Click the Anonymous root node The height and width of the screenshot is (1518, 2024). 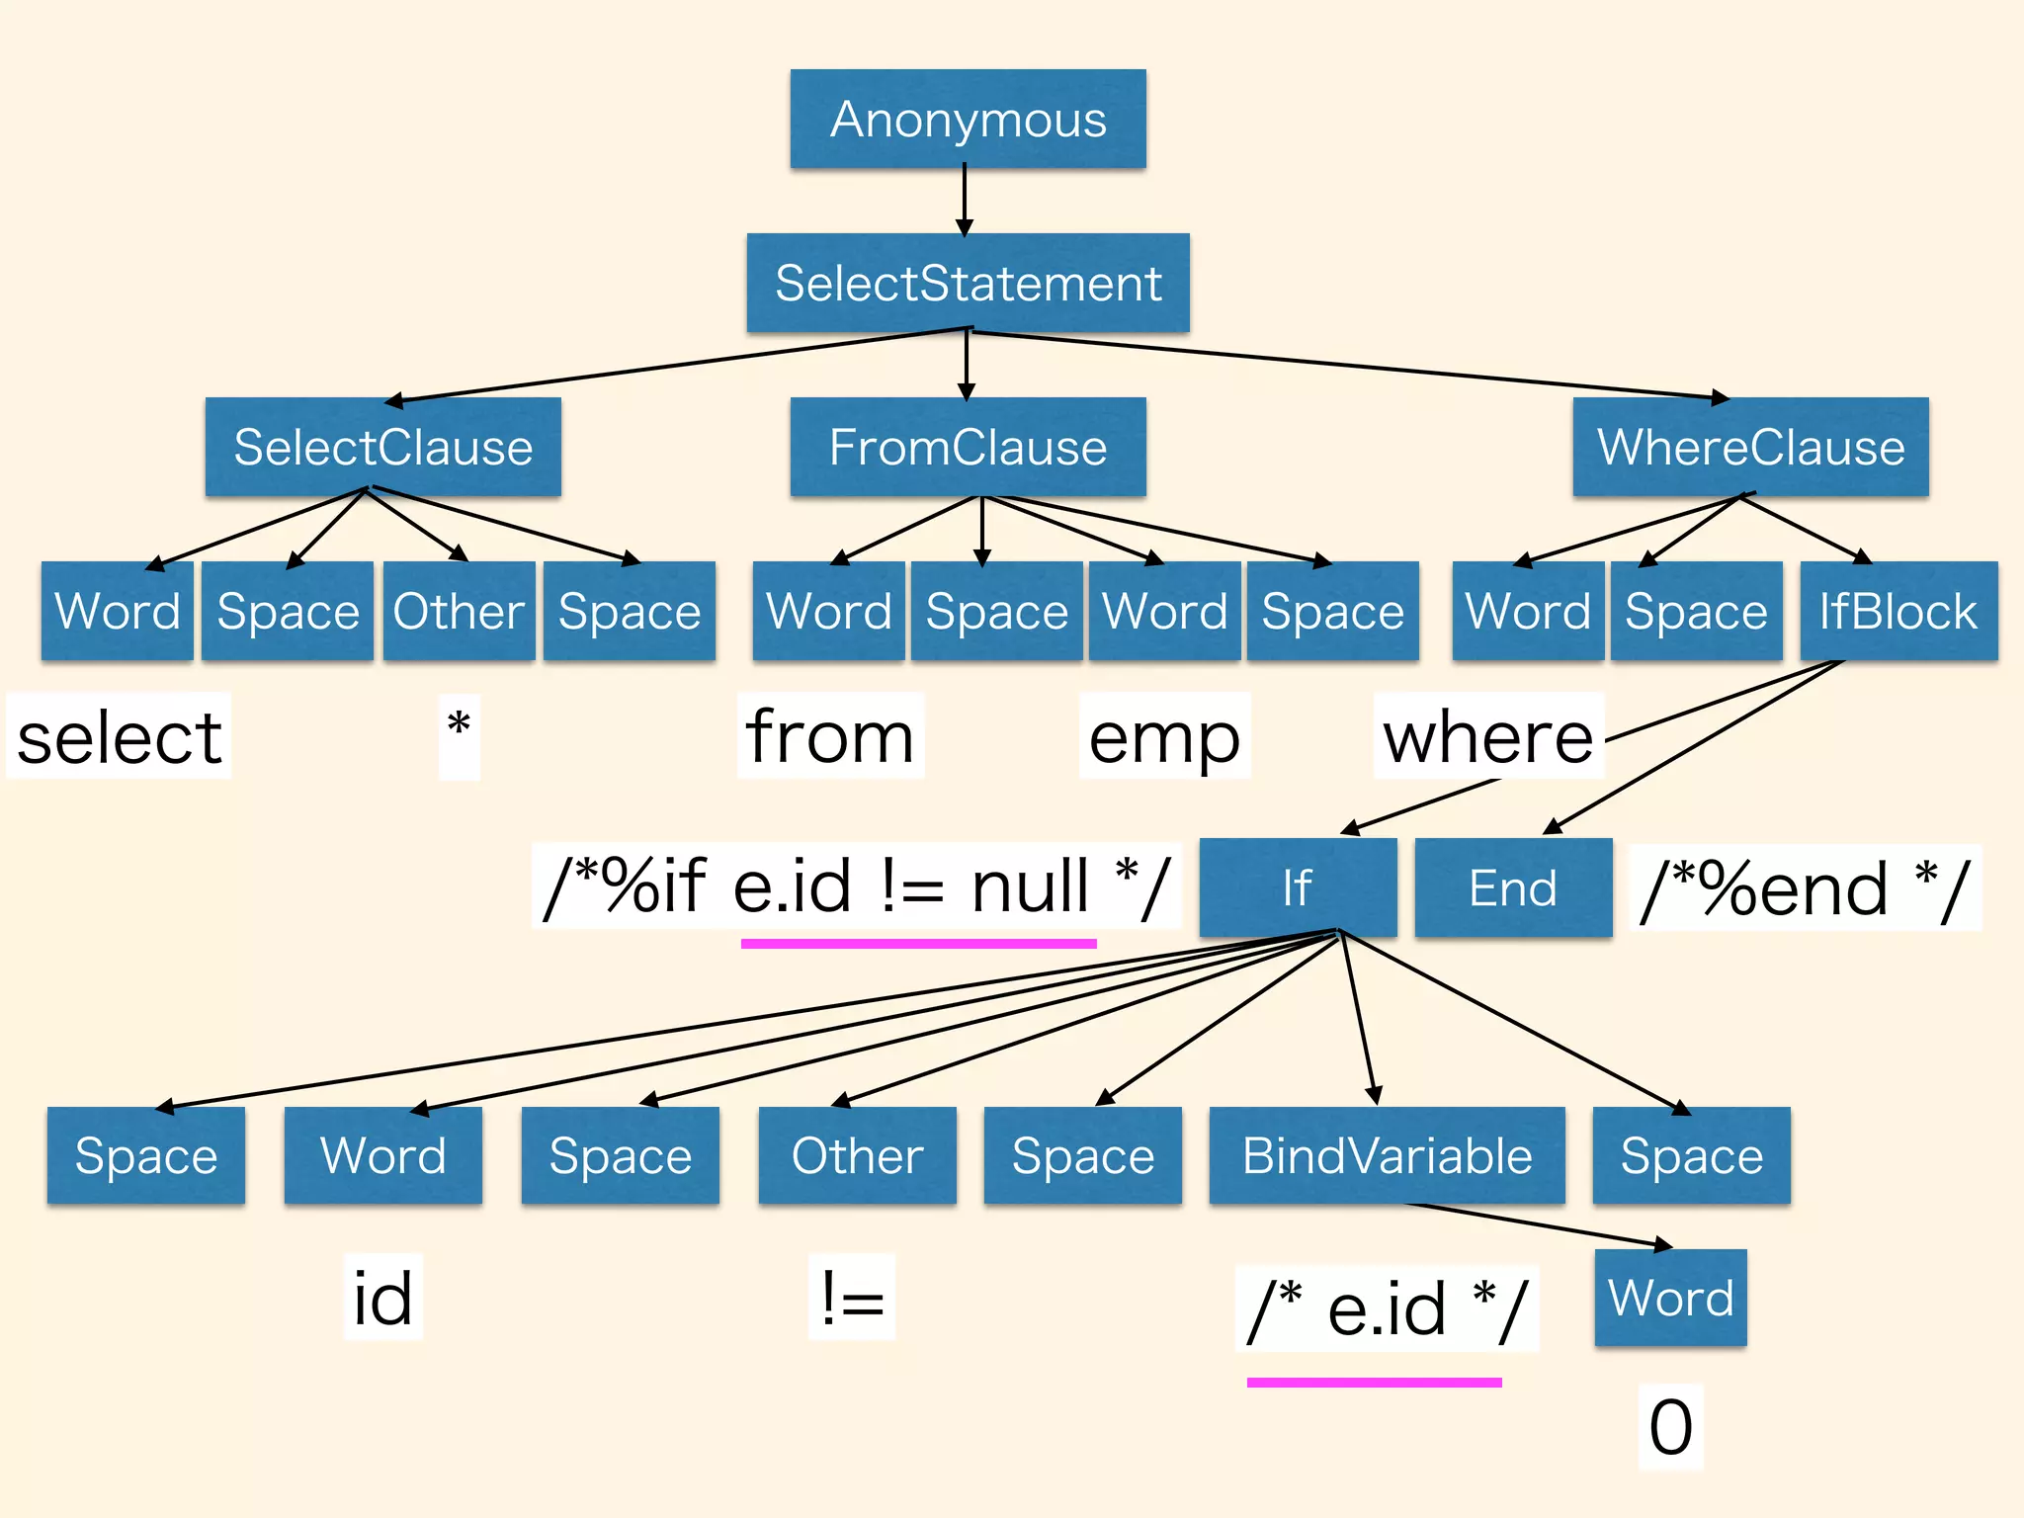[968, 119]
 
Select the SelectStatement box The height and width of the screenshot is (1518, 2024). [968, 283]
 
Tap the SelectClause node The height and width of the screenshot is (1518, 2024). [382, 447]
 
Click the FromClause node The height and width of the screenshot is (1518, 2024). [968, 447]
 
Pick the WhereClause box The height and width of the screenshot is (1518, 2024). [1750, 447]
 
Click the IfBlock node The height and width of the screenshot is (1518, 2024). [1897, 611]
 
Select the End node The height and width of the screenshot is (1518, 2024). [1513, 887]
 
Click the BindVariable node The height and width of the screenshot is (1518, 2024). [1387, 1155]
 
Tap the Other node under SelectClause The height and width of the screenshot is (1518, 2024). [459, 611]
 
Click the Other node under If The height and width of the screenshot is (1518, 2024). [857, 1155]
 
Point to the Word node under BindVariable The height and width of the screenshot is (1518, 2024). [1670, 1298]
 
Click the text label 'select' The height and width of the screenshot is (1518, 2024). [119, 737]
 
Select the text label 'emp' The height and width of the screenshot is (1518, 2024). [1164, 737]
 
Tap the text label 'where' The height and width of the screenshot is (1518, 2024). [1487, 737]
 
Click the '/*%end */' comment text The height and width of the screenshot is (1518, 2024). [1805, 888]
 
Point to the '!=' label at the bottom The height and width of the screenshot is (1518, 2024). [851, 1298]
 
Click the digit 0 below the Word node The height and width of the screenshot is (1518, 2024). [1670, 1427]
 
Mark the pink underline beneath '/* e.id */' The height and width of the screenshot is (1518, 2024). [1374, 1382]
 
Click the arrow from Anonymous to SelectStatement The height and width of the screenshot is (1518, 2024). [965, 201]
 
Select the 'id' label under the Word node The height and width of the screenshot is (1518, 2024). [382, 1298]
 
